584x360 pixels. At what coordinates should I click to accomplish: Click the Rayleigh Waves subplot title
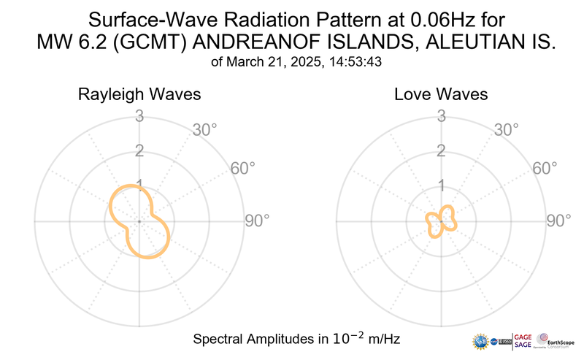pyautogui.click(x=139, y=95)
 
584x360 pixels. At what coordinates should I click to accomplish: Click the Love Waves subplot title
pyautogui.click(x=441, y=95)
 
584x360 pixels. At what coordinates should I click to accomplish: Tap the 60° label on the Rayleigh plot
pyautogui.click(x=243, y=169)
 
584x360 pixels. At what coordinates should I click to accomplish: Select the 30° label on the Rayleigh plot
pyautogui.click(x=204, y=131)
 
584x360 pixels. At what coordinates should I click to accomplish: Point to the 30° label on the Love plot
pyautogui.click(x=507, y=131)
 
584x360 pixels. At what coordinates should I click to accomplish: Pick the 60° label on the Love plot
pyautogui.click(x=545, y=169)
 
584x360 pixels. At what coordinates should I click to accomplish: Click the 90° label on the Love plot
pyautogui.click(x=559, y=221)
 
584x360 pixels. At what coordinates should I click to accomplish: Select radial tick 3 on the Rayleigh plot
pyautogui.click(x=139, y=116)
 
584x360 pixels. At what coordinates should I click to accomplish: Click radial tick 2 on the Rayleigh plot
pyautogui.click(x=139, y=151)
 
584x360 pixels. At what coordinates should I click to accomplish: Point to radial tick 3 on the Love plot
pyautogui.click(x=441, y=116)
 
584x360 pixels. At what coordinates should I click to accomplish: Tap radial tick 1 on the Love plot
pyautogui.click(x=441, y=185)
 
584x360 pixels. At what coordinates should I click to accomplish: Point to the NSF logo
pyautogui.click(x=480, y=342)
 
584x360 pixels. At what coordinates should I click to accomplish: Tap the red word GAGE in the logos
pyautogui.click(x=524, y=337)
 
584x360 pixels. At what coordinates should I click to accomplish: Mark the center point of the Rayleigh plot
pyautogui.click(x=139, y=221)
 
